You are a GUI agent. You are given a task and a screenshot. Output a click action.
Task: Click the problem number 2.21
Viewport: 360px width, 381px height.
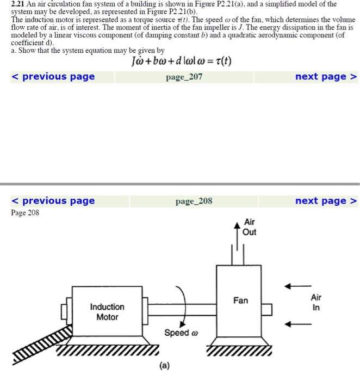[18, 4]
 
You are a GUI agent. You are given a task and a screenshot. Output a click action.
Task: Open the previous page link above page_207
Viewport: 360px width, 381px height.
[53, 77]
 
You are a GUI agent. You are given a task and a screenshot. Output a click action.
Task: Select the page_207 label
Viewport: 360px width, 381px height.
[184, 77]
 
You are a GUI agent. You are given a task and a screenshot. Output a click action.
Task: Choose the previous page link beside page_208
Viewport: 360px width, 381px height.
[53, 201]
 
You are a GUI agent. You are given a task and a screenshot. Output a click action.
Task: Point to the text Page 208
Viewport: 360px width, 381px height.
[25, 213]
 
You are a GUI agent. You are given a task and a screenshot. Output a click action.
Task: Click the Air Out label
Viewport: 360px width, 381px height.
[250, 228]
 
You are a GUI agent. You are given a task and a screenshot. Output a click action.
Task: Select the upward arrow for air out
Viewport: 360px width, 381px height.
[236, 235]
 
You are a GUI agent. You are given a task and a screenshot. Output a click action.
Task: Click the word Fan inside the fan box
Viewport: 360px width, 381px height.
[240, 300]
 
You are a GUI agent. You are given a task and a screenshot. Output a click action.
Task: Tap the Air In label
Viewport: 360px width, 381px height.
[316, 302]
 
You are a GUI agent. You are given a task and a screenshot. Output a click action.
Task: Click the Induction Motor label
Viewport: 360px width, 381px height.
[107, 312]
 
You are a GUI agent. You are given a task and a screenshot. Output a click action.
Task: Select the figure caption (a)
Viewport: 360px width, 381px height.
[164, 366]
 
